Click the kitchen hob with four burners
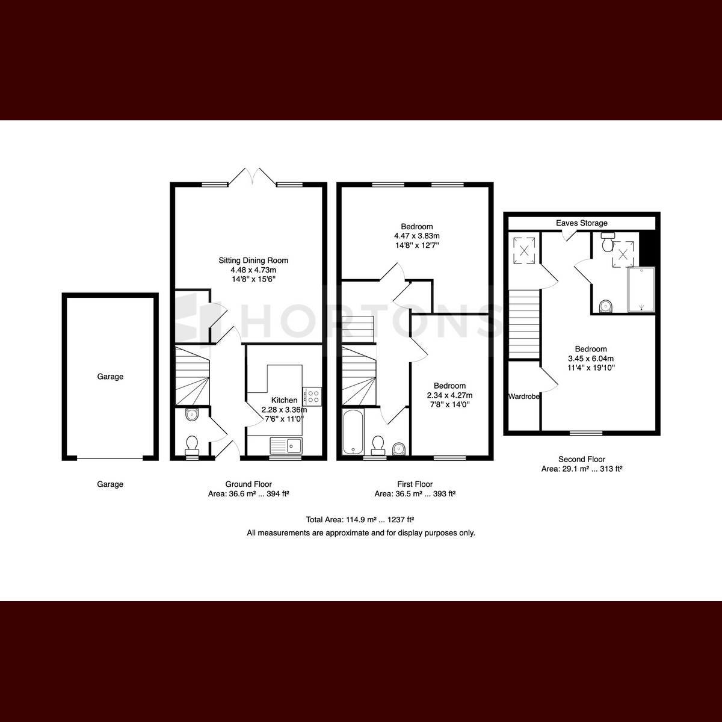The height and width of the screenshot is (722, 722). [312, 396]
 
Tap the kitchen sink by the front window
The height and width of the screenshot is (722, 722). [286, 445]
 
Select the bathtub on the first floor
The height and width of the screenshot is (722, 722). [353, 431]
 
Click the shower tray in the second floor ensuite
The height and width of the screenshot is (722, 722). [641, 289]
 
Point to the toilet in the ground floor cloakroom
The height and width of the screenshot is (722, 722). [192, 445]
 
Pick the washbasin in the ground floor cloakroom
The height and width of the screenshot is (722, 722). [192, 415]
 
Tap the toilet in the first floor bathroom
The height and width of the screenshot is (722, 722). [378, 445]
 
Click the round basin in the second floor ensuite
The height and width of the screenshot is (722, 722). [606, 306]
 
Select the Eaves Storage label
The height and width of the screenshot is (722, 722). [581, 223]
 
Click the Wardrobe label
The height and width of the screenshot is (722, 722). [524, 396]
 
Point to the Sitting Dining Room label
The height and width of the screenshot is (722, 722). [253, 261]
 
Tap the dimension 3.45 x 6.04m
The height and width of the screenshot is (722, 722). [591, 358]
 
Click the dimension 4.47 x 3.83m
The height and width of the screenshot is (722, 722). [416, 236]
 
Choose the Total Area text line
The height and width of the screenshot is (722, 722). [360, 520]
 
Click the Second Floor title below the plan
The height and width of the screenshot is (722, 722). [581, 459]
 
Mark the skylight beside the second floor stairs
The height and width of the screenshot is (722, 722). [524, 250]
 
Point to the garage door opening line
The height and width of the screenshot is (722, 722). [110, 458]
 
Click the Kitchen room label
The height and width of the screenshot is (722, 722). [284, 400]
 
